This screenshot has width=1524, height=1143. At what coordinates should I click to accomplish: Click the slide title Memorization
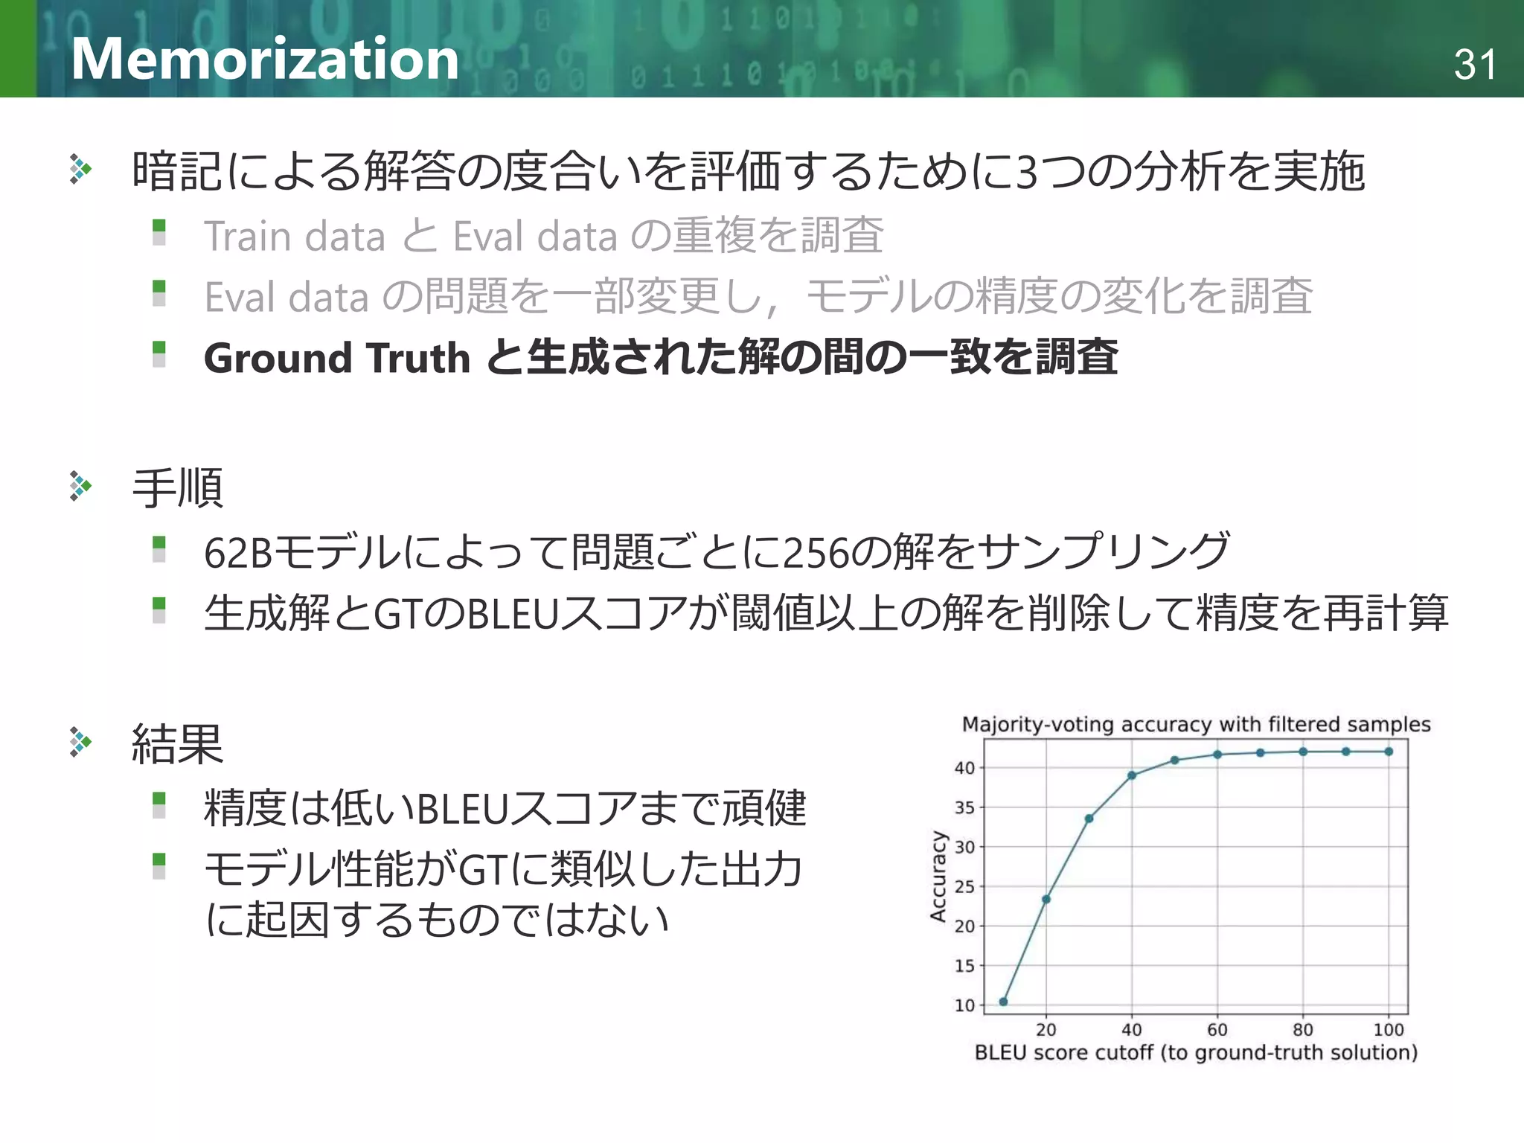[265, 59]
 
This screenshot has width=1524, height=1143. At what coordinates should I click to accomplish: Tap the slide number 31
[1474, 65]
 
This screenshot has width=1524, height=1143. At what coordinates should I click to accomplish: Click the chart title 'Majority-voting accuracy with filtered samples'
[1196, 724]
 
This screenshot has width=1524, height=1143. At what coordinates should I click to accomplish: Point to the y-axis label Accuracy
[938, 876]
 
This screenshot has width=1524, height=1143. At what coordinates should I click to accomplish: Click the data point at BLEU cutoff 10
[1003, 1002]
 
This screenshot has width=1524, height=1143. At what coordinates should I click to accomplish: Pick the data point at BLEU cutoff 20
[1046, 899]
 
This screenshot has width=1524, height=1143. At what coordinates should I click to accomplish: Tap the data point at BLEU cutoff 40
[1132, 775]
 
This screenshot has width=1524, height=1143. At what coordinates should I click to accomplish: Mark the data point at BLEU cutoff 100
[1389, 752]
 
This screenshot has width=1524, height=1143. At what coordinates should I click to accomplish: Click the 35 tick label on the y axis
[964, 807]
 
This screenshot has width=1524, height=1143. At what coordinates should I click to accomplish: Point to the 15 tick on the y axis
[964, 966]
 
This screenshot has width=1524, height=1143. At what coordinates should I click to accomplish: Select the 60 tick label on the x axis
[1217, 1030]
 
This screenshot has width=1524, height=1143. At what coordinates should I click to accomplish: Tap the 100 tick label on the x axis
[1389, 1030]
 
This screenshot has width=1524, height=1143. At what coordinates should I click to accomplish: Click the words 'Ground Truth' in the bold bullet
[337, 358]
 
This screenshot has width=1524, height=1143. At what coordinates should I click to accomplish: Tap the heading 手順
[177, 488]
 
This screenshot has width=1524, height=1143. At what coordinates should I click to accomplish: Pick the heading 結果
[177, 743]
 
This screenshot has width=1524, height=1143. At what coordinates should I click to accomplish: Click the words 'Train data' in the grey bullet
[295, 236]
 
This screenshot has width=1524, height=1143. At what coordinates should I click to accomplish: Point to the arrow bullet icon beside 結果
[80, 742]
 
